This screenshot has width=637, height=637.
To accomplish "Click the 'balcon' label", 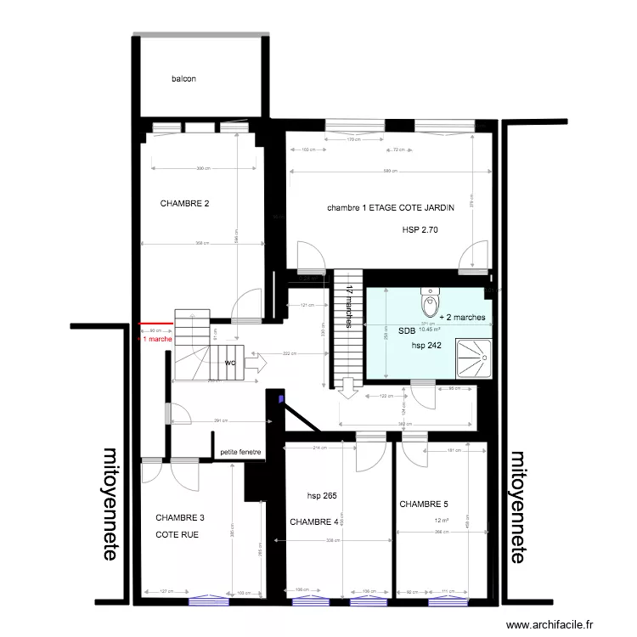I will (x=183, y=79).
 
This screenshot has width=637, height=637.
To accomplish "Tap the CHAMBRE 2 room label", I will (x=184, y=204).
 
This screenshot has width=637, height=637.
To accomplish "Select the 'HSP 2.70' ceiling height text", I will (x=420, y=230).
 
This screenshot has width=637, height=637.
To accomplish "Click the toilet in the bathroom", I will (x=431, y=302).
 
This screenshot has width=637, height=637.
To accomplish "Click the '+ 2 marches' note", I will (x=463, y=317).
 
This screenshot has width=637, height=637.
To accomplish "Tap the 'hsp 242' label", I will (x=428, y=346).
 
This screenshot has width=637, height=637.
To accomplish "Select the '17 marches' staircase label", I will (x=349, y=307).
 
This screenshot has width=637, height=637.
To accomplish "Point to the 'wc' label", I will (x=230, y=363).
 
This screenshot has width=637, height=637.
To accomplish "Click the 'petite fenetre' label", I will (x=240, y=452).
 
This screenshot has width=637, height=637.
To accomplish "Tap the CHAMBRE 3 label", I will (x=180, y=517).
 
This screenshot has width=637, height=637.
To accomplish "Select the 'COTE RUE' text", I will (x=173, y=534).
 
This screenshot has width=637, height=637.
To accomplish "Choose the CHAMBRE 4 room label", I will (x=314, y=521).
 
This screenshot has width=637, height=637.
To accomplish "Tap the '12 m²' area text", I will (x=441, y=521).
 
